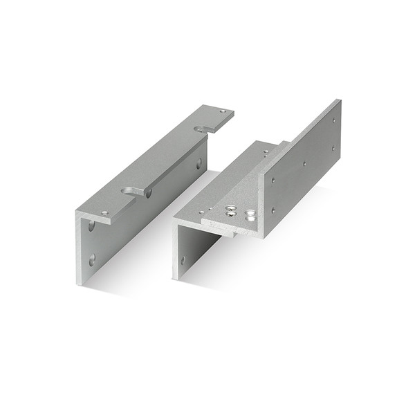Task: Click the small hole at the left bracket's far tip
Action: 222,111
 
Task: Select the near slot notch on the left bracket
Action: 133,191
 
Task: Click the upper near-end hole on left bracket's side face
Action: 91,225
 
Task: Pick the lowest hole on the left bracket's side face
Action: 92,260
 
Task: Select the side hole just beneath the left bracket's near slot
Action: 148,194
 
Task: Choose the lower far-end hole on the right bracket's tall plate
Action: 333,147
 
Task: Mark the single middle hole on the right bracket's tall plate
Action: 304,165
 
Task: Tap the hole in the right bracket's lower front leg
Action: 183,261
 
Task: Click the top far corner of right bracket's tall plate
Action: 340,100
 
